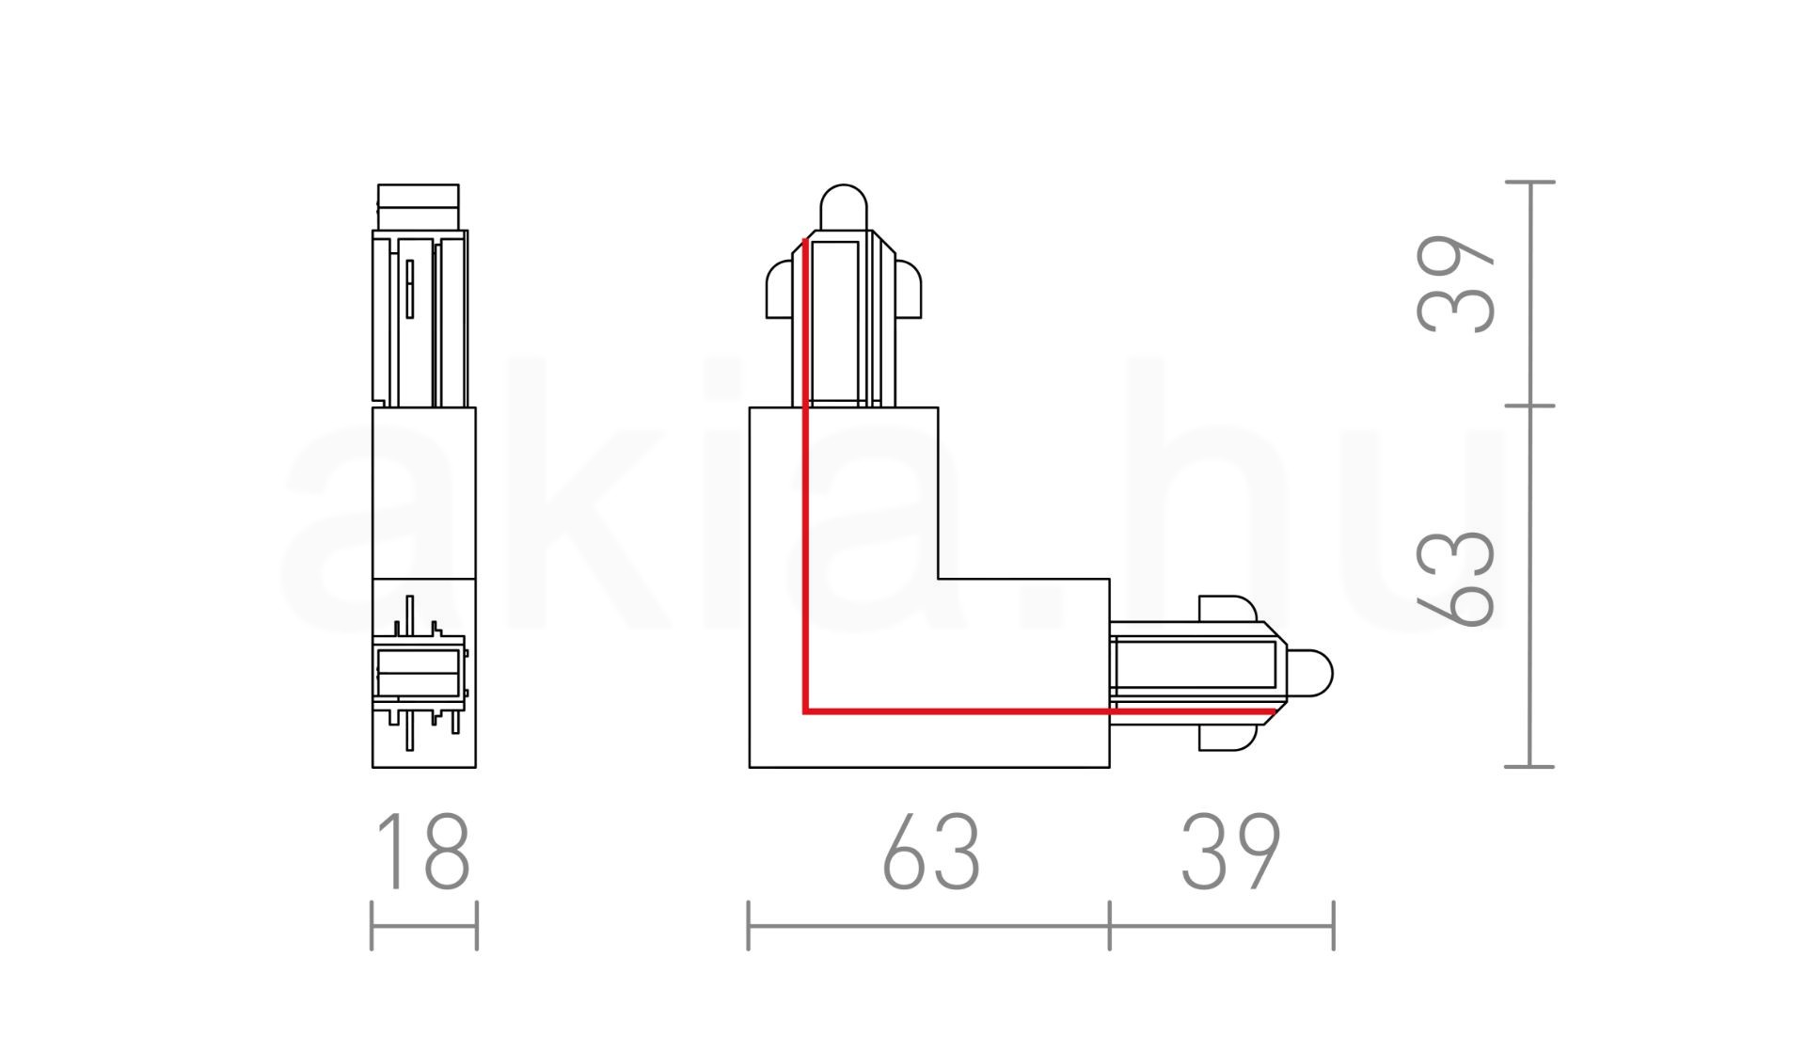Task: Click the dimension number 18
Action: (x=423, y=852)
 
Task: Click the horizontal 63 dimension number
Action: (x=931, y=852)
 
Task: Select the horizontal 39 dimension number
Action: (x=1230, y=852)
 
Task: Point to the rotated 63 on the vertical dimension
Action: (x=1455, y=578)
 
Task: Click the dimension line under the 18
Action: (x=424, y=925)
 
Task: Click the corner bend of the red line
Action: (x=806, y=710)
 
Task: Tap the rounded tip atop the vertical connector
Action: (x=844, y=207)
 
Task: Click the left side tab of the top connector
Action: (x=784, y=289)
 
